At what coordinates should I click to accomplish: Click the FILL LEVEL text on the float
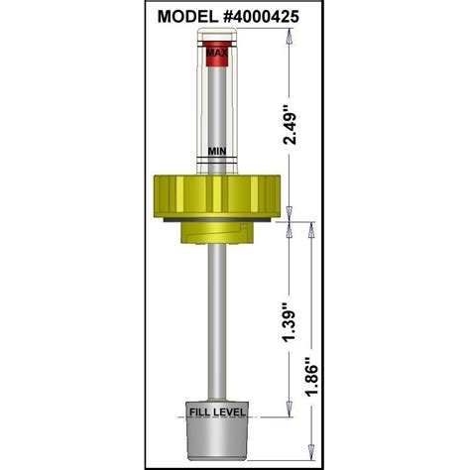(217, 411)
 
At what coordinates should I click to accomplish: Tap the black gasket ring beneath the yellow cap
(217, 217)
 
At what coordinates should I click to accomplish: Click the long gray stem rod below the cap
(217, 317)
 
